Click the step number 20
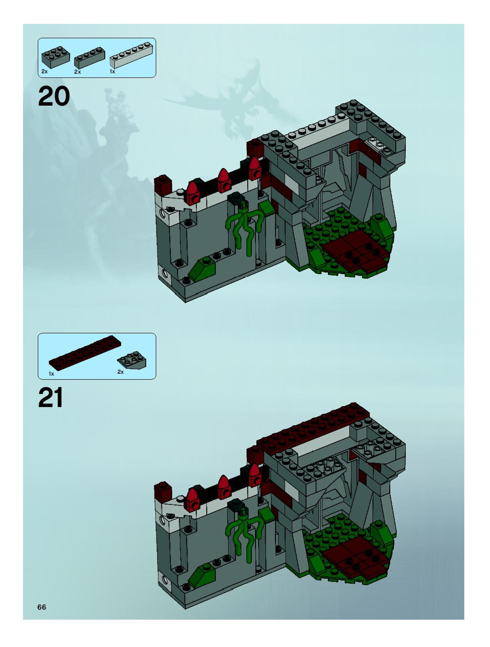pos(54,96)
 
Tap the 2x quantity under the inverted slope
pos(120,372)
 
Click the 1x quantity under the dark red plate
pos(51,374)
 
